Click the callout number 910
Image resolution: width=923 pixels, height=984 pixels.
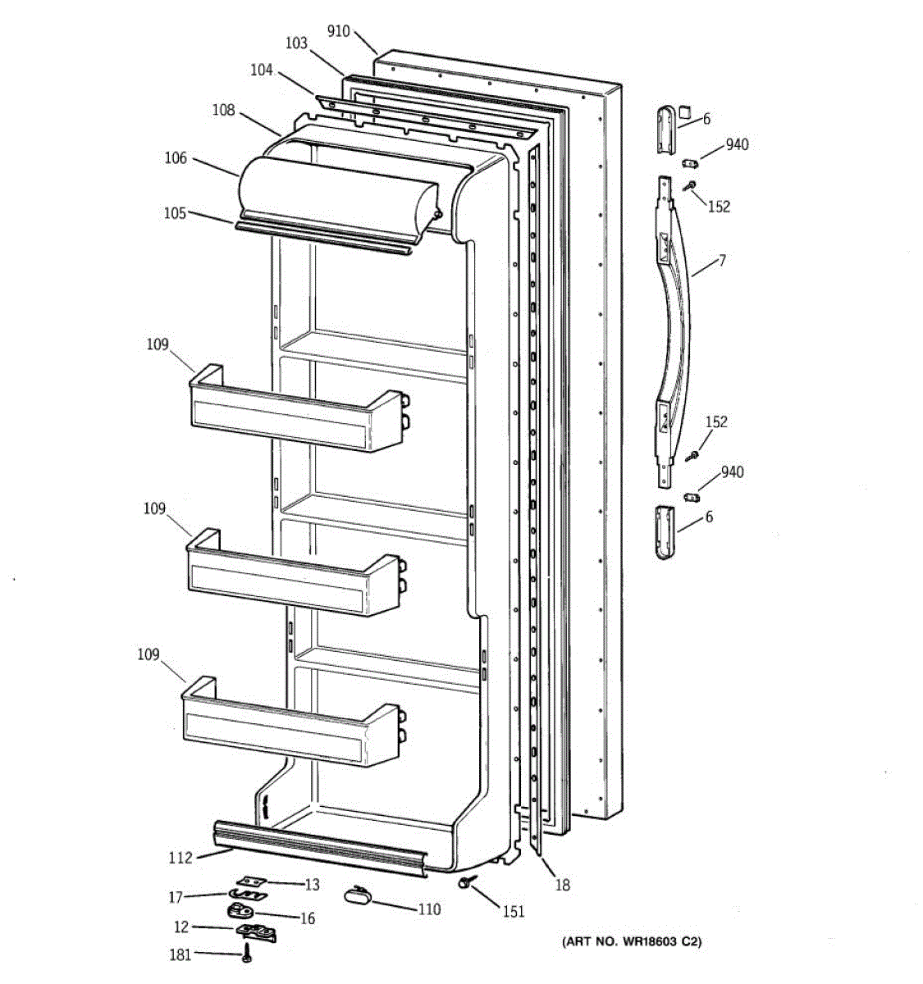pos(338,32)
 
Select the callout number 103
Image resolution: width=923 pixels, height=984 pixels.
pos(296,43)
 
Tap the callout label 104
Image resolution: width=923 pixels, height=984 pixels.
pos(261,71)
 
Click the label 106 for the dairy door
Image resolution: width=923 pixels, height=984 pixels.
pos(176,158)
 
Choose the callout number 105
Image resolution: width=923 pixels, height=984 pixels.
pos(174,213)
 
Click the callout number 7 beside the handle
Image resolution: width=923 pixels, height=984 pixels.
pos(722,261)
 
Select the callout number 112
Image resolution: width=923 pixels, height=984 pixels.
pos(180,858)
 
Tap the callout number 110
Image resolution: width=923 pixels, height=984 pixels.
pos(429,909)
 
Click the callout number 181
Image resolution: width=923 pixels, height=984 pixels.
pos(179,954)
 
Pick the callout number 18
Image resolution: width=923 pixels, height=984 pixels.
pos(562,885)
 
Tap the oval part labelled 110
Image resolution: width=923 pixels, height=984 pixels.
pos(358,895)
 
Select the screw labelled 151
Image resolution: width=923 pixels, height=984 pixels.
pos(467,881)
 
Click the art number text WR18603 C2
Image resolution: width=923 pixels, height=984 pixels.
pos(631,942)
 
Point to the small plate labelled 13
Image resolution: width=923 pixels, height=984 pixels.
pos(253,881)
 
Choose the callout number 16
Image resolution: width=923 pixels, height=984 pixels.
pos(307,918)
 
